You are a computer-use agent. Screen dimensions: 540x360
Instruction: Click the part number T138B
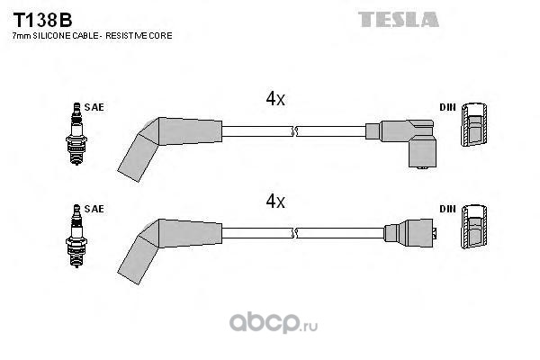pos(42,21)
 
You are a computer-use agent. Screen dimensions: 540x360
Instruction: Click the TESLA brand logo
pos(399,19)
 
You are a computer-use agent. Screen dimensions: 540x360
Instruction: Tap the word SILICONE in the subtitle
pos(51,35)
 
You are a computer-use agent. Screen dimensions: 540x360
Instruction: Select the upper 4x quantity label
pos(275,99)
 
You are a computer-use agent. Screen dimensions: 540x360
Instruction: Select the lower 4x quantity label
pos(275,201)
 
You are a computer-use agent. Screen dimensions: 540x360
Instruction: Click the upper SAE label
pos(94,107)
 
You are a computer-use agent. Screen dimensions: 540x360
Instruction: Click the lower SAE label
pos(94,209)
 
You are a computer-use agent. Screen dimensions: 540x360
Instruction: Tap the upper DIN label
pos(447,107)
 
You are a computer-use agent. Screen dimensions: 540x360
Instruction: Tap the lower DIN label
pos(447,209)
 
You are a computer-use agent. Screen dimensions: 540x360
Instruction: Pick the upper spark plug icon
pos(76,134)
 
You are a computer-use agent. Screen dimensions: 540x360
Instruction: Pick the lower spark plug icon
pos(76,236)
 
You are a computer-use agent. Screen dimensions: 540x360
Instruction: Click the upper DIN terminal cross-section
pos(474,124)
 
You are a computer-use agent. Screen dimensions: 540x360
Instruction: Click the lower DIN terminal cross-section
pos(474,226)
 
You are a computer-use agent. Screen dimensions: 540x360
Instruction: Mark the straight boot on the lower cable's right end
pos(410,233)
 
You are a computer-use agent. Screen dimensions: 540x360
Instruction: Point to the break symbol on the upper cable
pos(294,131)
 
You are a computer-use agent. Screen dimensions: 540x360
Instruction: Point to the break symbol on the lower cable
pos(294,233)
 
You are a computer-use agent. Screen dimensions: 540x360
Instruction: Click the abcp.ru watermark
pos(274,323)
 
